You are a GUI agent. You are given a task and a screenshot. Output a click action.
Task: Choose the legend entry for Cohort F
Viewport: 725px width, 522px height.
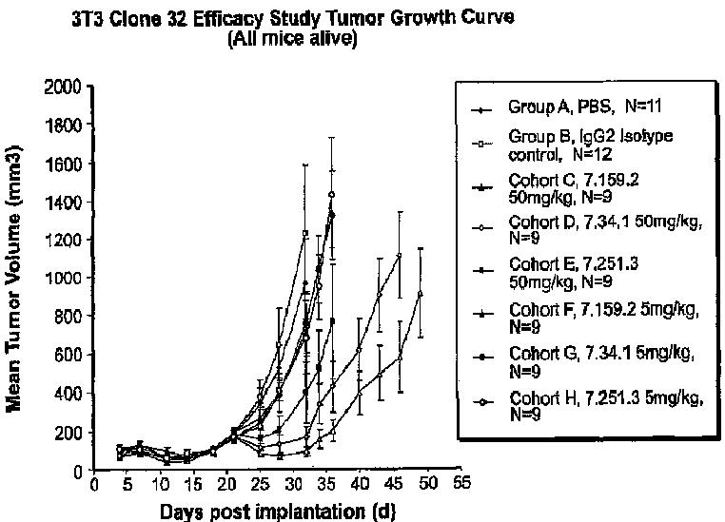(590, 319)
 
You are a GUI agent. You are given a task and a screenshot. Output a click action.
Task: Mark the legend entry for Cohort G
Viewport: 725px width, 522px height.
(590, 363)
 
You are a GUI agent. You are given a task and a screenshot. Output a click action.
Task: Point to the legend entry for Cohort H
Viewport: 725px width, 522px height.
(590, 407)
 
